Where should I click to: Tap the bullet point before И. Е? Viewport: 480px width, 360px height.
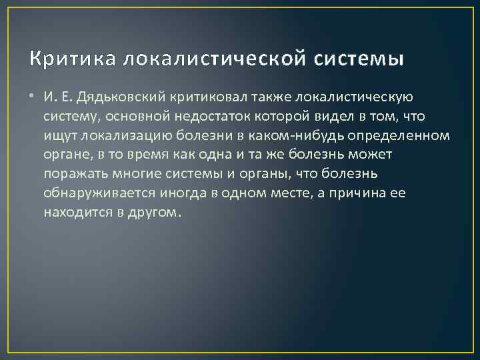pos(33,97)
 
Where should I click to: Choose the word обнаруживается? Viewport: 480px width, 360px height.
pos(98,194)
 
